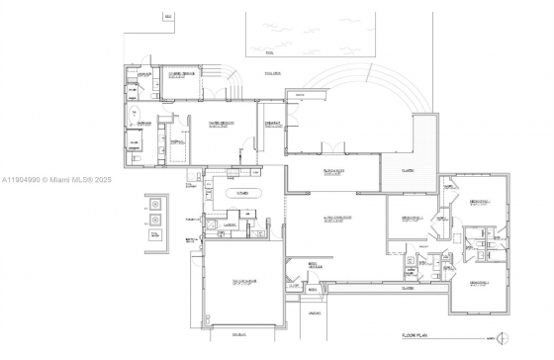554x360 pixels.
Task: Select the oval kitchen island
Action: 243,194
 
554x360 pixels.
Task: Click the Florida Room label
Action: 332,173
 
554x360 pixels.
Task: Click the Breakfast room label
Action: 272,123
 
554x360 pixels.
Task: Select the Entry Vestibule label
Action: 315,266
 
